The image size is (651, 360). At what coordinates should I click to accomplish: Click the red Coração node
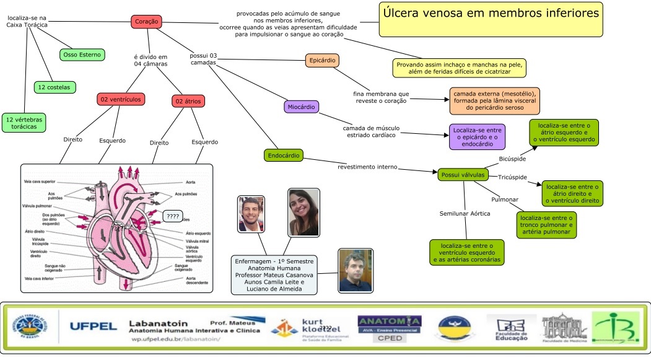147,22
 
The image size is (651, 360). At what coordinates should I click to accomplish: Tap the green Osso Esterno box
82,55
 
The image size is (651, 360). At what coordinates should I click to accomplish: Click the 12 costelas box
55,87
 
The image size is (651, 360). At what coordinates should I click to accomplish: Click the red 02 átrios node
188,101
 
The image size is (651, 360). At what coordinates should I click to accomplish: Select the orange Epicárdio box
322,61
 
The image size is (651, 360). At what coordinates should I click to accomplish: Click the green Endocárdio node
282,155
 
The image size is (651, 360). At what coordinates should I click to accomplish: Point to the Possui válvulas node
461,175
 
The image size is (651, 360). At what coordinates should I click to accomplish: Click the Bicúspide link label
512,160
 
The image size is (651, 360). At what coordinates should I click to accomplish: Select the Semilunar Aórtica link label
465,213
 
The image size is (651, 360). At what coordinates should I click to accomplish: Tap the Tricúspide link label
512,178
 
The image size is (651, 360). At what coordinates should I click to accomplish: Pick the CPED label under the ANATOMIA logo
389,338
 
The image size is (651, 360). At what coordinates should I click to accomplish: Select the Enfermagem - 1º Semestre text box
274,274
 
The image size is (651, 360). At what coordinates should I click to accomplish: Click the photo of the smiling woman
304,212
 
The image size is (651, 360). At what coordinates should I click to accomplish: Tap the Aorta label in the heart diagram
191,183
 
